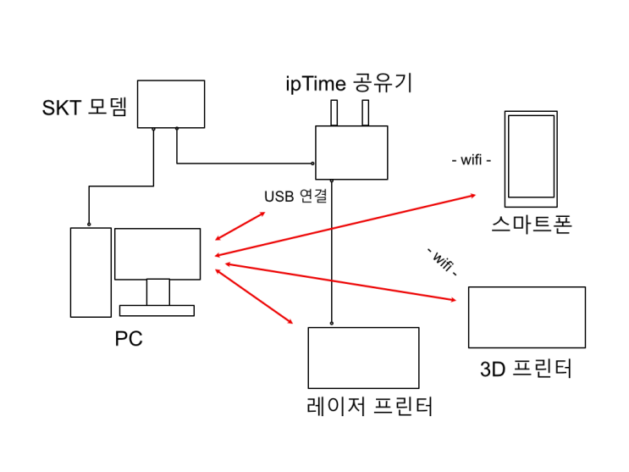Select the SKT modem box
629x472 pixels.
pyautogui.click(x=171, y=103)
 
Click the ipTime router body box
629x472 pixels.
pyautogui.click(x=351, y=152)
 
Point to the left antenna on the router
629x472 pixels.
pyautogui.click(x=334, y=113)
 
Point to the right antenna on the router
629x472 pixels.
pyautogui.click(x=366, y=113)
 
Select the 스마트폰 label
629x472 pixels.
pyautogui.click(x=531, y=225)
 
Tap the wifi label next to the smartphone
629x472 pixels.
pyautogui.click(x=472, y=160)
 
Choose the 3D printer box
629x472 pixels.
pyautogui.click(x=527, y=317)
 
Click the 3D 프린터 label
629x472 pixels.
pyautogui.click(x=526, y=369)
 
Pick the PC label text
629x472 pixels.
pyautogui.click(x=129, y=340)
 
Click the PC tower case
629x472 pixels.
pyautogui.click(x=91, y=271)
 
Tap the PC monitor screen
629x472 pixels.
pyautogui.click(x=157, y=253)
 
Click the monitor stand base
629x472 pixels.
pyautogui.click(x=157, y=309)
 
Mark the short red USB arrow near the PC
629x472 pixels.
pyautogui.click(x=240, y=226)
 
